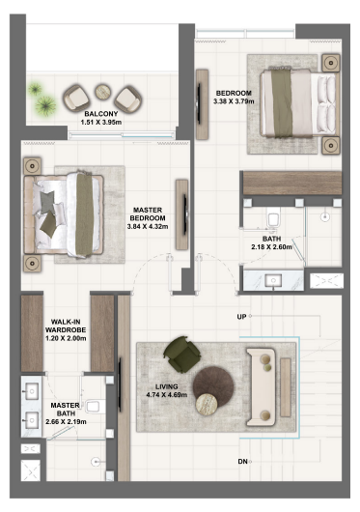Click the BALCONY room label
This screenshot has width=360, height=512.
pos(100,114)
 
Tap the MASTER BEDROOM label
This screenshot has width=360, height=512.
pos(148,213)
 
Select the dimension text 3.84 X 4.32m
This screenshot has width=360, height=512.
pos(148,227)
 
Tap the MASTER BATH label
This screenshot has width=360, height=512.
pos(65,412)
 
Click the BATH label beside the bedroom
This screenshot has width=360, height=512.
pos(272,239)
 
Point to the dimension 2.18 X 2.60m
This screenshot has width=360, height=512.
pos(271,248)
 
